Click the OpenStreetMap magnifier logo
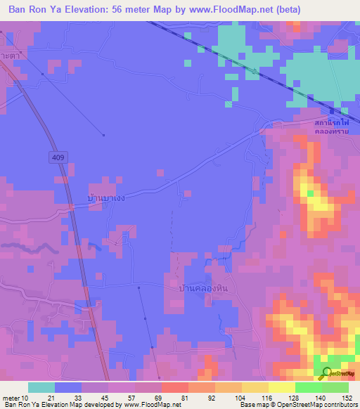point(327,374)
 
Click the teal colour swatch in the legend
point(41,387)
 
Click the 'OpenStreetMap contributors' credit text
point(319,405)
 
